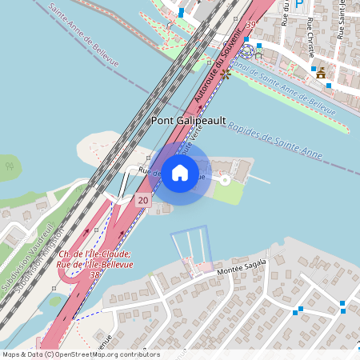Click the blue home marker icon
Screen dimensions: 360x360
click(x=179, y=173)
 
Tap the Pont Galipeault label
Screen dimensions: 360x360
click(x=188, y=120)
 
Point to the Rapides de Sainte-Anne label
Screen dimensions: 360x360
click(x=276, y=138)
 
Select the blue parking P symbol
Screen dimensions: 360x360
click(x=299, y=4)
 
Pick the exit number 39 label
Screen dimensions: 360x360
click(x=252, y=26)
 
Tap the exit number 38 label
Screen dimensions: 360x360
click(x=95, y=274)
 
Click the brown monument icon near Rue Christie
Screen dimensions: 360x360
click(x=321, y=74)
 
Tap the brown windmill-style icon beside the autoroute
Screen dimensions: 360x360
click(x=226, y=74)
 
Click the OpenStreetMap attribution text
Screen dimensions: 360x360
click(x=80, y=354)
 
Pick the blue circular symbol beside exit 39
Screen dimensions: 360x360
click(x=249, y=50)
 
